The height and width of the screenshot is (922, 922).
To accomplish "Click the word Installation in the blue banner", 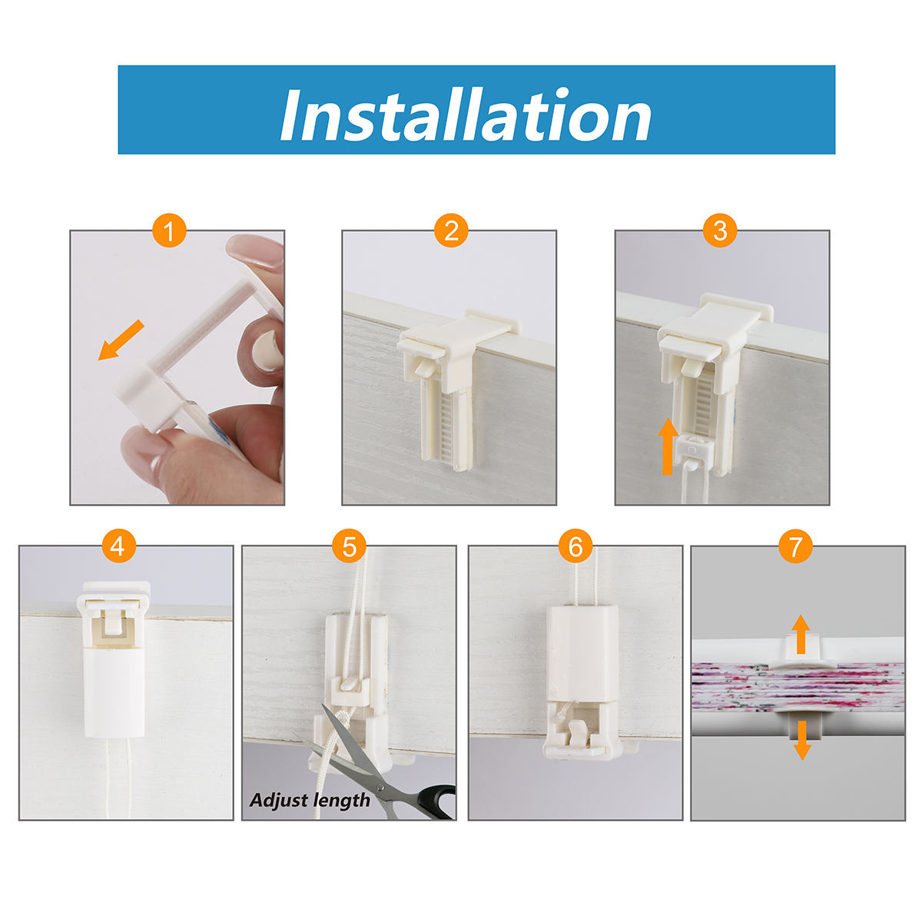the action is tap(465, 114).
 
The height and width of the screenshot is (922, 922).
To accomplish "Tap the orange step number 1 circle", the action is tap(169, 230).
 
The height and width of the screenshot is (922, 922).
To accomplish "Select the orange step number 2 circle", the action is tap(451, 230).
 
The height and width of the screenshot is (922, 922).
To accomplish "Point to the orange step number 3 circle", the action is tap(720, 230).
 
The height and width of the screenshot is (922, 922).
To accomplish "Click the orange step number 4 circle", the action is tap(118, 546).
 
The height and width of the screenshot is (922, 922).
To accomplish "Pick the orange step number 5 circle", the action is tap(350, 546).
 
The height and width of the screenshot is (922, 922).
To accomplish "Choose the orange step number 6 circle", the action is tap(575, 546).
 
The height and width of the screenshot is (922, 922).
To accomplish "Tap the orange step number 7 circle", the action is tap(795, 546).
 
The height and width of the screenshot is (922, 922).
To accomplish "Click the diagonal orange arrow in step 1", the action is tap(121, 340).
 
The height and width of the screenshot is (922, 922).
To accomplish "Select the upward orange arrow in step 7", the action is tap(801, 635).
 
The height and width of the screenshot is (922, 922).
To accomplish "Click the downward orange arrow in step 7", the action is tap(802, 740).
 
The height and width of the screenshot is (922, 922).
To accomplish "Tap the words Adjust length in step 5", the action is tap(310, 801).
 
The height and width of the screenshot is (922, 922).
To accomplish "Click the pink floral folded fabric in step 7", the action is tap(798, 686).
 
